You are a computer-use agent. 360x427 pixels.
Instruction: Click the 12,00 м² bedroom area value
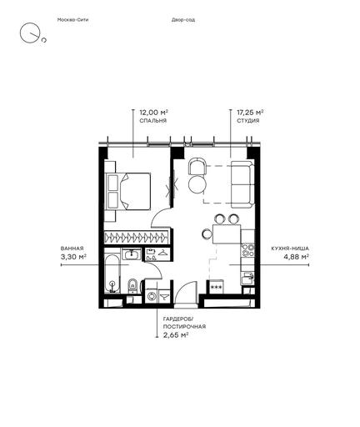click(154, 113)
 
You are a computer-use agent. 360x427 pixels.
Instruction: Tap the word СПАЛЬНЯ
click(153, 121)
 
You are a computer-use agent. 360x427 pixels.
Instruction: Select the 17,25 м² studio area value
click(250, 113)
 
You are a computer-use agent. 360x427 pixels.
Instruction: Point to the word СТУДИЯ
click(248, 121)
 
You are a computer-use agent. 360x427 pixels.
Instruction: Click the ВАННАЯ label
click(72, 249)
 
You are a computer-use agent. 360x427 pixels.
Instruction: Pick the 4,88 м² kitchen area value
click(296, 257)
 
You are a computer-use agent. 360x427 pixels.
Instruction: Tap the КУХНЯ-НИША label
click(290, 249)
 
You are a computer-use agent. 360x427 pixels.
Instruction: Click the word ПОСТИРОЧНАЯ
click(184, 327)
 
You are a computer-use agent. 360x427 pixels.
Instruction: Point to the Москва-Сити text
click(72, 20)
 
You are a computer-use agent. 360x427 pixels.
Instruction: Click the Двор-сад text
click(183, 20)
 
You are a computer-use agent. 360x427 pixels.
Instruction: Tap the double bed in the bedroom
click(128, 191)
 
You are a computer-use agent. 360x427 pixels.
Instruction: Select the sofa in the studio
click(242, 184)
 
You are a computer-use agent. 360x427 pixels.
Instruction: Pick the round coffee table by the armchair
click(197, 184)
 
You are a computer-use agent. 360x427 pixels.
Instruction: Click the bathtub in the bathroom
click(112, 274)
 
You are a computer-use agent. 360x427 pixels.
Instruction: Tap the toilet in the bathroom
click(132, 286)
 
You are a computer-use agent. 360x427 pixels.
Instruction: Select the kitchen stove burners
click(247, 250)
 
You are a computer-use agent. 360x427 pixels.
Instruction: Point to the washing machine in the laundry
click(152, 296)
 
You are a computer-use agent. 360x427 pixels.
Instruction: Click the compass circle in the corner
click(28, 33)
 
